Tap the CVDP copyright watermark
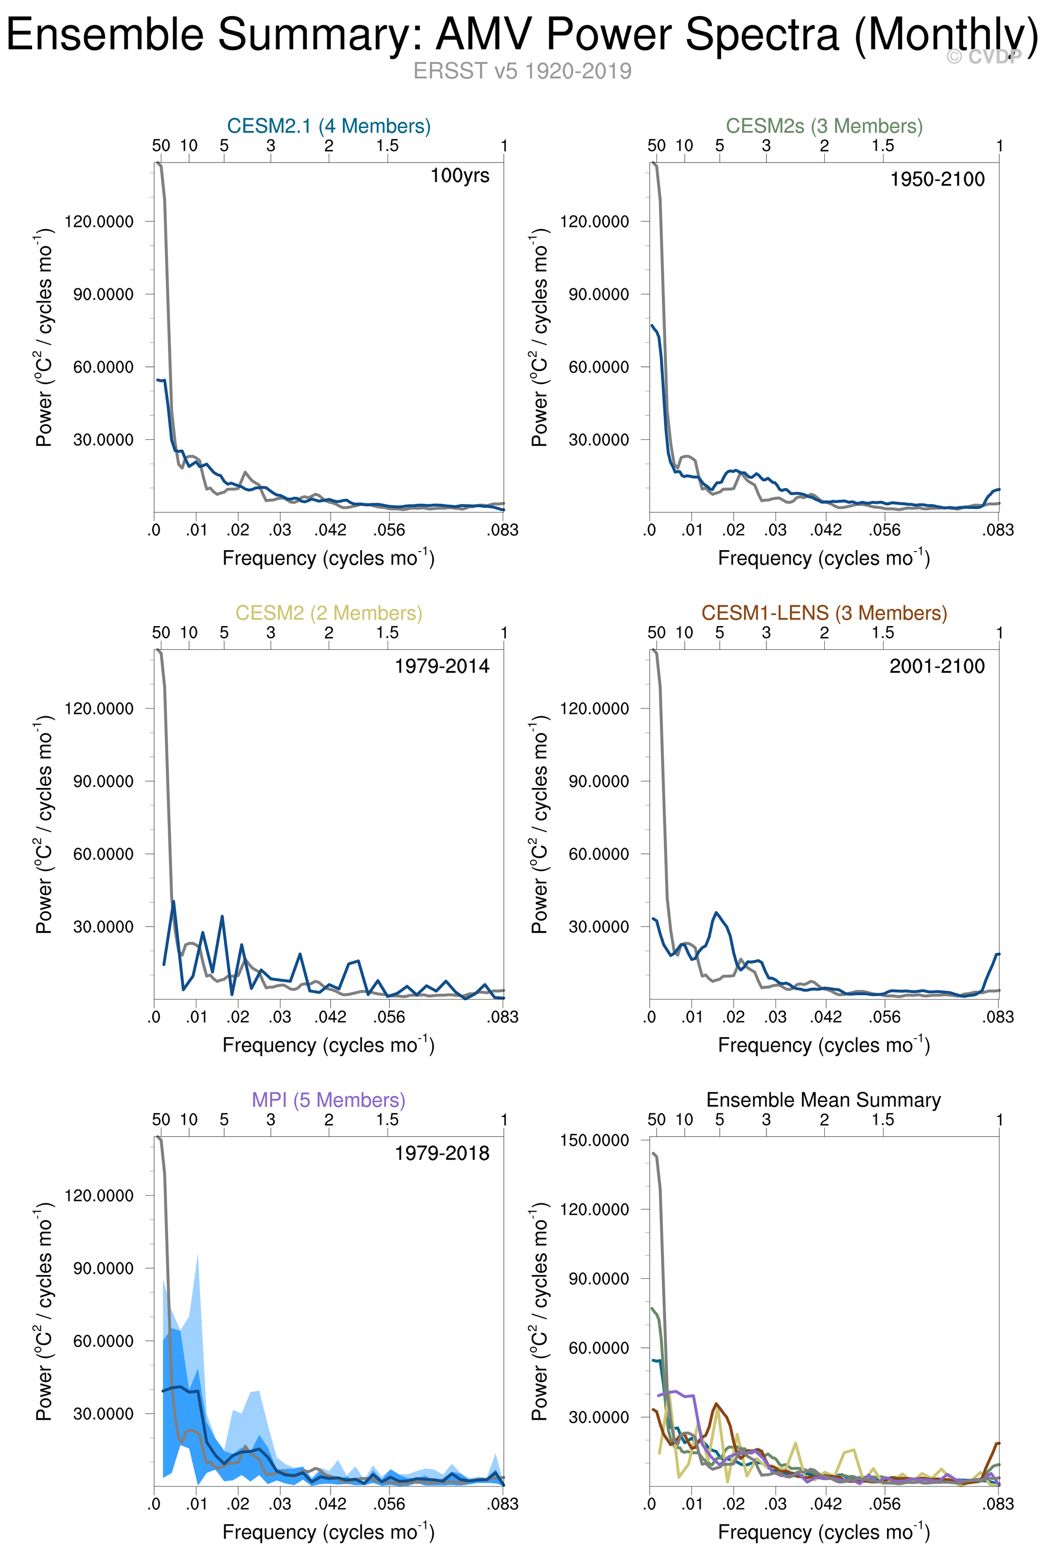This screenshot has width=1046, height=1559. (984, 57)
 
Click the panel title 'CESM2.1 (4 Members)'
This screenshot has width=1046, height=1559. (329, 126)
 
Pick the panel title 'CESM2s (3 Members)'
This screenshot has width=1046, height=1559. (824, 126)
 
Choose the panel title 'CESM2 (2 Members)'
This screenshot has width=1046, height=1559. (329, 613)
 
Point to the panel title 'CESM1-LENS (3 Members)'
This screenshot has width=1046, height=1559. (824, 613)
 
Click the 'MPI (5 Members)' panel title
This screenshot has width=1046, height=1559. (329, 1100)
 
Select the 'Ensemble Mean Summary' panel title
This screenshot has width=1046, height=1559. (824, 1100)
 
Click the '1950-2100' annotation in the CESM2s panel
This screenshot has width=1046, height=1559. (937, 179)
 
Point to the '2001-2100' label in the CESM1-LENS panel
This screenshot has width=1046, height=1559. (937, 666)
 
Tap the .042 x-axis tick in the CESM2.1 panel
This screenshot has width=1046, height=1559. (331, 530)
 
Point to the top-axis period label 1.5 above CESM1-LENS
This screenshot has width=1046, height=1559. (883, 632)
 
